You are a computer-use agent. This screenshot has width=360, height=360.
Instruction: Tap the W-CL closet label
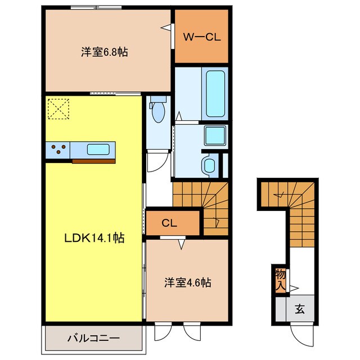coord(201,38)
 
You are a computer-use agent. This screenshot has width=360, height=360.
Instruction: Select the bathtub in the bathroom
coord(215,93)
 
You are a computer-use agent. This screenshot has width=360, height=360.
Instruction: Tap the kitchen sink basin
coord(98,150)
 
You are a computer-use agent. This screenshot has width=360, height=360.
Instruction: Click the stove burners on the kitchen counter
coord(58,150)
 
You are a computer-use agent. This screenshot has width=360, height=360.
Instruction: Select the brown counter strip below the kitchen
coord(93,161)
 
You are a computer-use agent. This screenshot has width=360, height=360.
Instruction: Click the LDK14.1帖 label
coord(93,238)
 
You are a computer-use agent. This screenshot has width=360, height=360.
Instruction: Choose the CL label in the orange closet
coord(169,223)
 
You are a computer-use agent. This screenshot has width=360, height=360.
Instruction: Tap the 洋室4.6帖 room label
coord(187,282)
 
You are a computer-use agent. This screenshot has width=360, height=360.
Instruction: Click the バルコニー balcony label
coord(93,339)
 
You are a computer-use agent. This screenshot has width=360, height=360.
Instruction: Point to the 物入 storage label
coord(280,280)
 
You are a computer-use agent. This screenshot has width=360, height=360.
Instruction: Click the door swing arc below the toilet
coord(158,163)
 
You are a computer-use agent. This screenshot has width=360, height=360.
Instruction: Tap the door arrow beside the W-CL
coord(165,26)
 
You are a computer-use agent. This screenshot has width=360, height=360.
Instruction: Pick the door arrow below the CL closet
coord(181,244)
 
